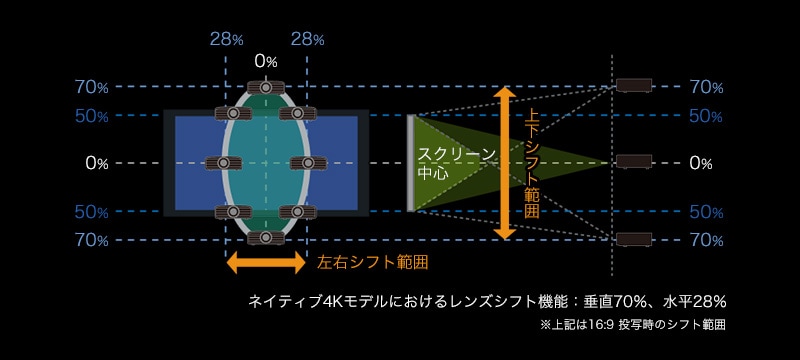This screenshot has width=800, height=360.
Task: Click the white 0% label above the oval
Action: point(265,62)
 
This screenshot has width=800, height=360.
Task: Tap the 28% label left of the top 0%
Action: point(226,39)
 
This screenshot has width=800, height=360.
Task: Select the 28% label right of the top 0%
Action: point(306,39)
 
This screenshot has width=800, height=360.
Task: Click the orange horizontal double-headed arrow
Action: point(266,263)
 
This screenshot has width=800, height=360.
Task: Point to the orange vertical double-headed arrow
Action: point(506,163)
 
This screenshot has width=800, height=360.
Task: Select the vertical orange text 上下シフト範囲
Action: point(532,163)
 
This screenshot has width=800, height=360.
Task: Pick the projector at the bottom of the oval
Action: point(266,237)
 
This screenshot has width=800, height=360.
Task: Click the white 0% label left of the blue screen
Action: point(96,163)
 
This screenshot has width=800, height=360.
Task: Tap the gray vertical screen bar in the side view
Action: point(410,163)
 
